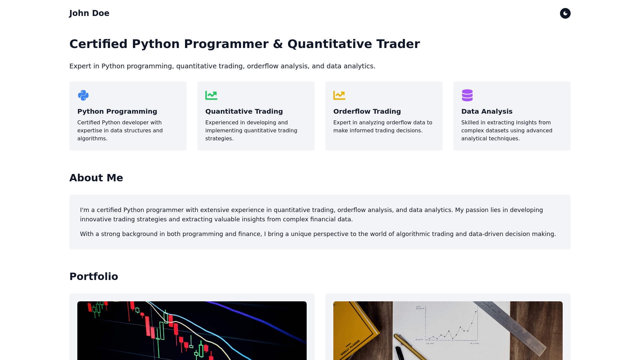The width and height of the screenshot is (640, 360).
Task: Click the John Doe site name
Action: click(89, 13)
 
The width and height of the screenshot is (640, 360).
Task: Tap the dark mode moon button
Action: click(565, 13)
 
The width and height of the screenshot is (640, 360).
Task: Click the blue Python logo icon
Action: click(83, 95)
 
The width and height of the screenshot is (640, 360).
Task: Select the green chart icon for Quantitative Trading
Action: click(211, 95)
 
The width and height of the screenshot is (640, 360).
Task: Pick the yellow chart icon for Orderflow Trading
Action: click(339, 95)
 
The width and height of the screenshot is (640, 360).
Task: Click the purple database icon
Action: click(467, 95)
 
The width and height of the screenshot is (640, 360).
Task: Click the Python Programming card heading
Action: click(117, 111)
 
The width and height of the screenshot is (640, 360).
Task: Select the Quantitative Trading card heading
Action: click(244, 111)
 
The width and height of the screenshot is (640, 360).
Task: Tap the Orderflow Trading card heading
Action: click(367, 111)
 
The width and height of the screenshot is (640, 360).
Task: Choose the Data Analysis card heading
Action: click(487, 111)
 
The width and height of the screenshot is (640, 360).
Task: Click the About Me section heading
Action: click(96, 178)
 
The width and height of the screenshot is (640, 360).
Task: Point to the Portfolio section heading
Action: click(94, 277)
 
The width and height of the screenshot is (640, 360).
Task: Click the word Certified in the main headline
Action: click(98, 44)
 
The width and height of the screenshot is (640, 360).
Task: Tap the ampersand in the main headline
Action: click(278, 44)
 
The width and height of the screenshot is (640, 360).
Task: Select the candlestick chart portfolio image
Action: click(192, 331)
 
